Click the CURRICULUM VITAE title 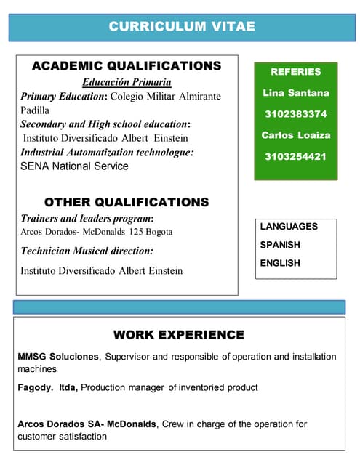point(182,26)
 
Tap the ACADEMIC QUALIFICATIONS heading point(127,66)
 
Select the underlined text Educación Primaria point(127,82)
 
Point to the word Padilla point(35,110)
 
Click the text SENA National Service point(74,166)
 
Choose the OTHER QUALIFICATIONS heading point(127,202)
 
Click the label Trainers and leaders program point(86,218)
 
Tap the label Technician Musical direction point(87,251)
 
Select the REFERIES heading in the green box point(295,72)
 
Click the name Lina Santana point(295,93)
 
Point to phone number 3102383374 point(295,114)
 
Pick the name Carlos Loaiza point(295,135)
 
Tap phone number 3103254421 point(295,156)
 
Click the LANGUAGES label point(289,227)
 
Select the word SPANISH point(280,245)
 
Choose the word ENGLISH point(280,263)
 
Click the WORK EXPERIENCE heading point(178,335)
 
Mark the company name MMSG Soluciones point(57,357)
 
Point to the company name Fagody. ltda point(47,388)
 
